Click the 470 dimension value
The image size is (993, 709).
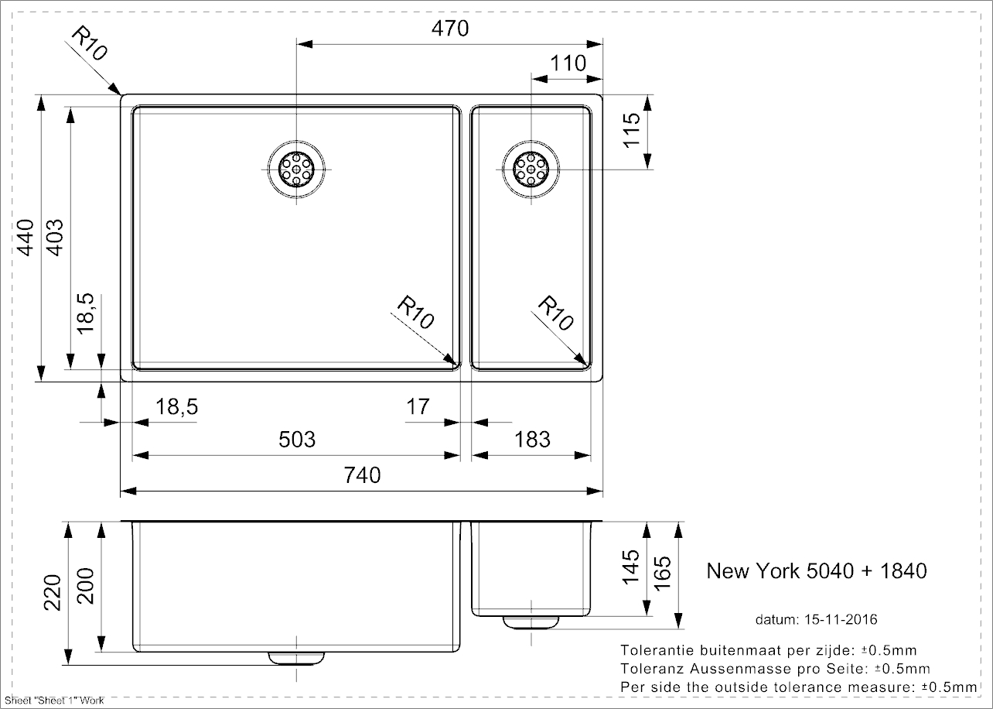(450, 29)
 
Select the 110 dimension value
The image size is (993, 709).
(568, 63)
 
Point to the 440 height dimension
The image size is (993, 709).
(26, 238)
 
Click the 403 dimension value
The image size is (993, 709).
(55, 238)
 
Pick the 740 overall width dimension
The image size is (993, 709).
(362, 474)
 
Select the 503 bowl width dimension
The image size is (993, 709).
(297, 440)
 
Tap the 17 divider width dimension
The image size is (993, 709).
(418, 406)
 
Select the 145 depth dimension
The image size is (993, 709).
(631, 567)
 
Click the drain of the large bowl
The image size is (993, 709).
(297, 170)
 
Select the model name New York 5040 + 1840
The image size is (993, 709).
(817, 571)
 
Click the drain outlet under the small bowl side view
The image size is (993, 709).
(531, 621)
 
